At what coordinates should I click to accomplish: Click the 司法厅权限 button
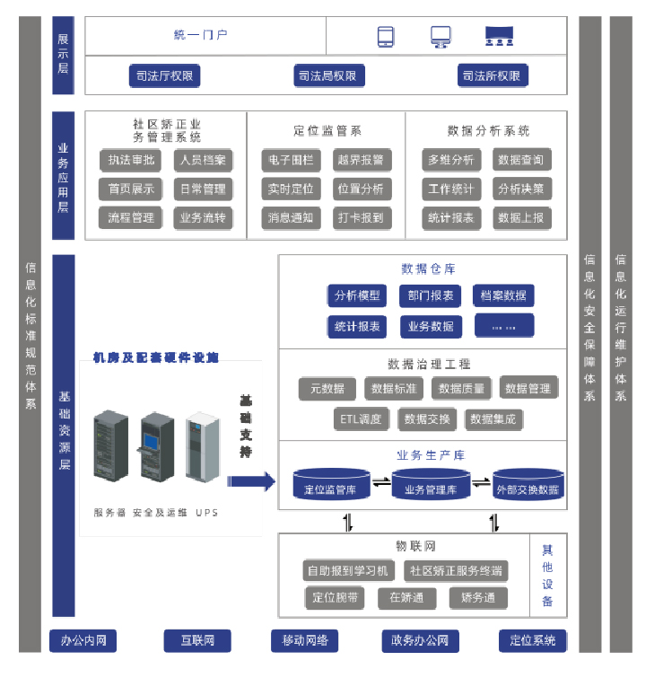tap(163, 76)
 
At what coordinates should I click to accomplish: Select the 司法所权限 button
tap(492, 76)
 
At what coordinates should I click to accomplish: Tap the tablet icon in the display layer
tap(386, 36)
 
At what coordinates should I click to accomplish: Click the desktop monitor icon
tap(440, 36)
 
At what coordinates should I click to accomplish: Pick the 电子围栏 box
tap(288, 161)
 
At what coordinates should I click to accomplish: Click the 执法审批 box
tap(131, 161)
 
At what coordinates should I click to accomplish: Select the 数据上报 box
tap(520, 217)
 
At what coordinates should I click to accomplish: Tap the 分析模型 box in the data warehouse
tap(357, 295)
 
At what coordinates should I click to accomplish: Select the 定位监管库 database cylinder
tap(331, 485)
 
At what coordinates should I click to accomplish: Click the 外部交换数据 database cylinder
tap(528, 485)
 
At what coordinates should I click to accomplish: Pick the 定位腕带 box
tap(335, 598)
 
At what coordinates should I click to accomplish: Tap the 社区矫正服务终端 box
tap(456, 570)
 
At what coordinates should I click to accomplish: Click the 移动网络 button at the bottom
tap(304, 640)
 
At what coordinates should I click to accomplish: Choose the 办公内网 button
tap(83, 640)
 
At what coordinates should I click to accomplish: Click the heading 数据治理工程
tap(422, 365)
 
